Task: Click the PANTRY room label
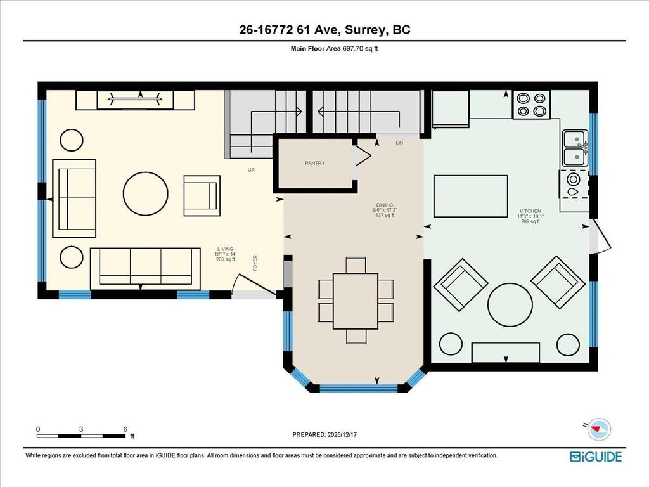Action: coord(314,163)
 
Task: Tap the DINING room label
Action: coord(385,205)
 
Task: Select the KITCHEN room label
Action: coord(530,211)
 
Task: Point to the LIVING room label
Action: coord(225,249)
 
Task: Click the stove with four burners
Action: coord(531,105)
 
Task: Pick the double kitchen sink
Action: coord(575,148)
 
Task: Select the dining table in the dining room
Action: coord(355,301)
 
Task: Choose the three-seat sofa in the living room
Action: coord(141,267)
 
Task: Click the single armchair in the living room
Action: coord(201,195)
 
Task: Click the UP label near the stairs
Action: coord(251,170)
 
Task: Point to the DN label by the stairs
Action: coord(399,143)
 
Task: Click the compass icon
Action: coord(598,430)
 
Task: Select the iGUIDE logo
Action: coord(595,456)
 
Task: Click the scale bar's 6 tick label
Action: coord(125,429)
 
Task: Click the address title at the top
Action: coord(324,30)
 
